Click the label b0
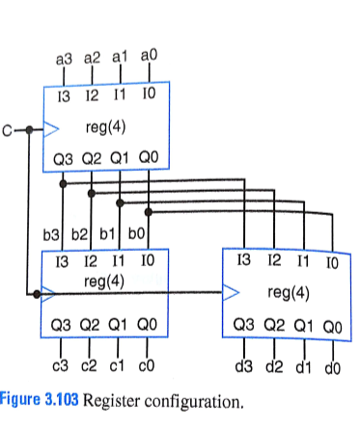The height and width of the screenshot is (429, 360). coord(137,233)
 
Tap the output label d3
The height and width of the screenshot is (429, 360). coord(244,366)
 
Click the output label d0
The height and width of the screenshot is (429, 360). coord(331,366)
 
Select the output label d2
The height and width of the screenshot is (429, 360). coord(274,366)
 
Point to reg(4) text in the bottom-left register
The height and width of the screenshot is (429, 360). coord(105,281)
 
